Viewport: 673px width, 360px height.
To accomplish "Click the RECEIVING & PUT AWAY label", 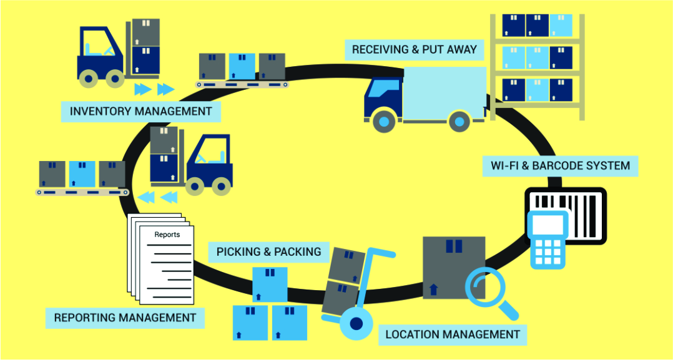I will click(414, 49).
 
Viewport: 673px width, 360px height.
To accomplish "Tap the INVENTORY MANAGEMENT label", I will click(140, 112).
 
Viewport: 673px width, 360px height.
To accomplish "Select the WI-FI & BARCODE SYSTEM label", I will click(560, 167).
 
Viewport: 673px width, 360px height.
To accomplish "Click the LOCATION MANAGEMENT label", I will click(453, 334).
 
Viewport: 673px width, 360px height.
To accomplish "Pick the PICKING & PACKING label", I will click(268, 252).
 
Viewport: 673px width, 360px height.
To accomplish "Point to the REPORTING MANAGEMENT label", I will click(125, 318).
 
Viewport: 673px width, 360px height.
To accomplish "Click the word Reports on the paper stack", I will click(167, 235).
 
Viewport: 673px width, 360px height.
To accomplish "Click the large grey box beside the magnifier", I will click(453, 267).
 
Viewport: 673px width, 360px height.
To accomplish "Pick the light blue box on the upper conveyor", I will click(242, 66).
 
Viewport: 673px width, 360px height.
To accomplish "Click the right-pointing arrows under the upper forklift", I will click(154, 89).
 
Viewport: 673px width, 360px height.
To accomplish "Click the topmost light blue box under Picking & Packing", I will click(270, 285).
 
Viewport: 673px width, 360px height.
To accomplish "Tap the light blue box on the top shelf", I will click(561, 26).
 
